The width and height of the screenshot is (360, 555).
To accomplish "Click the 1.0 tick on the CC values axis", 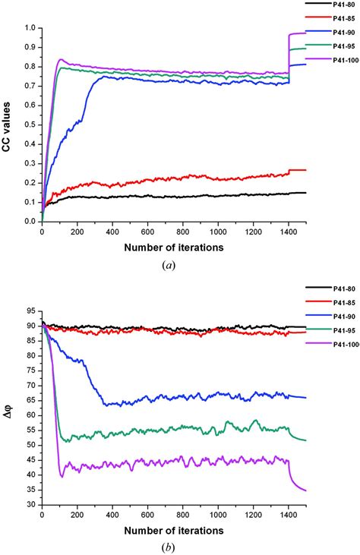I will (x=30, y=28).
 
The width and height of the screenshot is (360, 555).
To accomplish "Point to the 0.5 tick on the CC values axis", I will (x=30, y=125).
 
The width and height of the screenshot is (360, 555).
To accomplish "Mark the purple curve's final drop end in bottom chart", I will (x=306, y=490).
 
